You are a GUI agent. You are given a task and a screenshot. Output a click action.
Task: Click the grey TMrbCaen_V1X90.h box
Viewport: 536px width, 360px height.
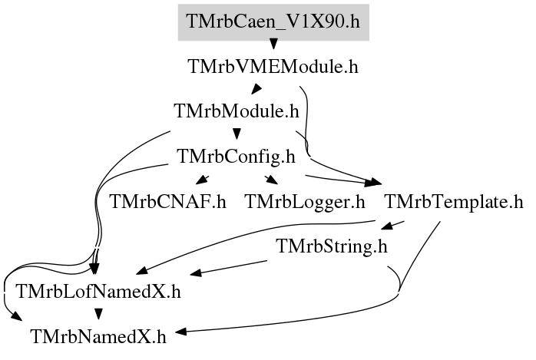point(273,22)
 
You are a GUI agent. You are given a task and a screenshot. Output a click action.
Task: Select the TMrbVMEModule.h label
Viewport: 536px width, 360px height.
point(273,66)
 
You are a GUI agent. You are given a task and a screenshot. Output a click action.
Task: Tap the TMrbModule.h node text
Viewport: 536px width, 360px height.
point(237,111)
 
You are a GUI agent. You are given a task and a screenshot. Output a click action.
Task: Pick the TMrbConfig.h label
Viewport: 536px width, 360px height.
point(237,157)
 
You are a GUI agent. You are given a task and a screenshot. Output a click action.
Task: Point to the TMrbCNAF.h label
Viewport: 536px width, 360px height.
point(168,202)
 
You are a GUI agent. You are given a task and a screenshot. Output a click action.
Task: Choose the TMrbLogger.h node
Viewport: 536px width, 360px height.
point(305,202)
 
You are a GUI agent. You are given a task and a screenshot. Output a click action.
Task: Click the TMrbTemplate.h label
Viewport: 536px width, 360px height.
point(454,202)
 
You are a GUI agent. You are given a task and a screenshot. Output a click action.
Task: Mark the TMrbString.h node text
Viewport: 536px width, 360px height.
point(332,246)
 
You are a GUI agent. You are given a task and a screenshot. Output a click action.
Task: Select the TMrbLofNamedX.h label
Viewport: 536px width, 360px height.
point(98,292)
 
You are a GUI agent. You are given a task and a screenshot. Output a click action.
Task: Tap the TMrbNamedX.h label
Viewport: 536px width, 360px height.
point(98,337)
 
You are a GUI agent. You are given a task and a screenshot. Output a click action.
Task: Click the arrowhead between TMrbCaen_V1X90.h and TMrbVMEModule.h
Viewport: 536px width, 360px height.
point(273,44)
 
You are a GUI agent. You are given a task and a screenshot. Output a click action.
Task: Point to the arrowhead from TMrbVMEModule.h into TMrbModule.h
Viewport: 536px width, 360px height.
point(256,89)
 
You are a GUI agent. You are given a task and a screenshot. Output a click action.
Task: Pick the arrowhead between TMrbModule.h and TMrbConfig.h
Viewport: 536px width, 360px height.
point(237,134)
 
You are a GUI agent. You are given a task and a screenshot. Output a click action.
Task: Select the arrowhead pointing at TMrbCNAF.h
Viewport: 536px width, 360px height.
point(203,180)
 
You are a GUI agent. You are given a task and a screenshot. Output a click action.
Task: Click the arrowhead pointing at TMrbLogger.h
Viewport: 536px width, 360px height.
point(271,180)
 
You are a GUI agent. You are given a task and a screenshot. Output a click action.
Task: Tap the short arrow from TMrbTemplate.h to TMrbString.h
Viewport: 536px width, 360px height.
point(392,225)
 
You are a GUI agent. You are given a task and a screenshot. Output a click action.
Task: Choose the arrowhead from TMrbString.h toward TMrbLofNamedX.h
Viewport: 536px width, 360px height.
point(196,273)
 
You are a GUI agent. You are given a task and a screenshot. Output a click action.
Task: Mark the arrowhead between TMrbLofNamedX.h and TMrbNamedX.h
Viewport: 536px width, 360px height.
point(98,314)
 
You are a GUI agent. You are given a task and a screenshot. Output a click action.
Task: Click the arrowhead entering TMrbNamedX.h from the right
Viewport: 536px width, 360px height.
point(181,332)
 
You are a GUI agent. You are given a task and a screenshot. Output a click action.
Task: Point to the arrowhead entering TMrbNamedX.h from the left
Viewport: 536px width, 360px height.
point(15,316)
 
